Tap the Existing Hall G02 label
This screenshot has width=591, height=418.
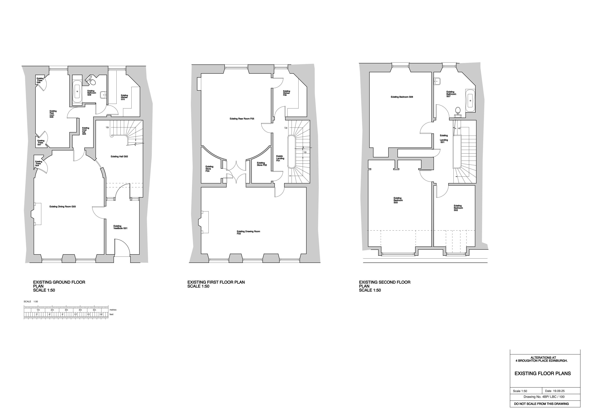coord(119,156)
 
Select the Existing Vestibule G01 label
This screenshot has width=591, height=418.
coord(120,227)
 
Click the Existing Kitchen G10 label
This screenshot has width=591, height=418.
coord(124,97)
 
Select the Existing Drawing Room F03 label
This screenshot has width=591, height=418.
coord(248,232)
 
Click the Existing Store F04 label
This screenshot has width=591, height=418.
coord(209,169)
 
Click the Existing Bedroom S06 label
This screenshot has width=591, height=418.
coord(402,97)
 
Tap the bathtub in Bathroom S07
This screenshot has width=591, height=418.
coord(470,101)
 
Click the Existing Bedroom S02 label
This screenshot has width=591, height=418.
coord(458,208)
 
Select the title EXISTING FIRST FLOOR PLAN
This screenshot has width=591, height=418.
coord(216,282)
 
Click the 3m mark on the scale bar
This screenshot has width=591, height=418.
coord(66,310)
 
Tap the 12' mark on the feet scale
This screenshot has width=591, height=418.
coord(76,314)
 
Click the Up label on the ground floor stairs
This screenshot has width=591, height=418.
coord(107,127)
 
